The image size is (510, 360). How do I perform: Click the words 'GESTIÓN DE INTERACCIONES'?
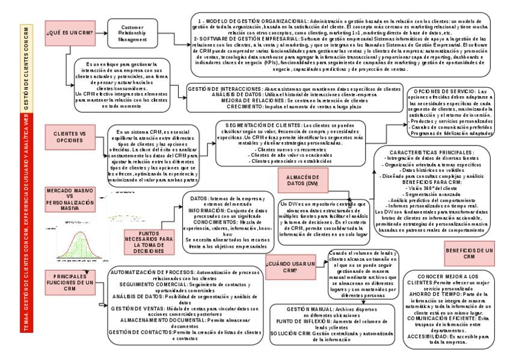[x=225, y=89]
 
